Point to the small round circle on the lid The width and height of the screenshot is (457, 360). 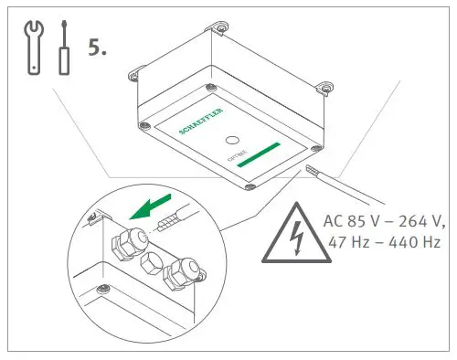point(233,142)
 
